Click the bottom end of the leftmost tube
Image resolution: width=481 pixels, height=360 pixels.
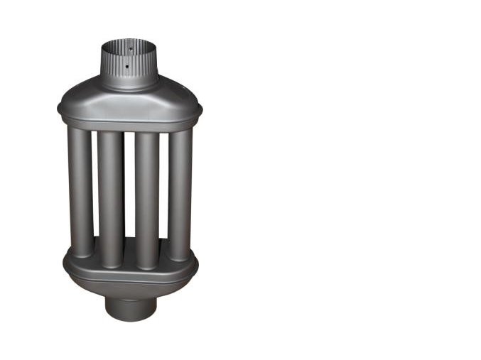coord(81,252)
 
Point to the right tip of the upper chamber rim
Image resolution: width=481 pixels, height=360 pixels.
coord(200,110)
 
